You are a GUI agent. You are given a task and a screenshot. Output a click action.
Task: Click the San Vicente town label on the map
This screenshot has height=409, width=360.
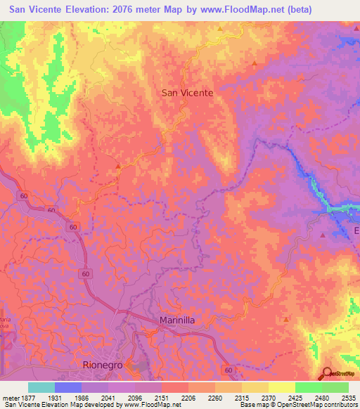pyautogui.click(x=187, y=92)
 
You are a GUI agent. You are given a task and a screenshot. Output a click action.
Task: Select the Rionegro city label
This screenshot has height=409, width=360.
pyautogui.click(x=103, y=365)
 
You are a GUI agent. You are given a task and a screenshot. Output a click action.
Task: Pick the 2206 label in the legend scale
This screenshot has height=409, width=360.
pyautogui.click(x=187, y=398)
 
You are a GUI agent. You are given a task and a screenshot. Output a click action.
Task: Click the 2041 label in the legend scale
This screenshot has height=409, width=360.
pyautogui.click(x=107, y=398)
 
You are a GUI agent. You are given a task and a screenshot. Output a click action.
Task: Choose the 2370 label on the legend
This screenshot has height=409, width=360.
pyautogui.click(x=267, y=398)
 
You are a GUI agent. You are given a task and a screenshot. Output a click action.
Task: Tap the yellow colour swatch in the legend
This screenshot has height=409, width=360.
pyautogui.click(x=281, y=387)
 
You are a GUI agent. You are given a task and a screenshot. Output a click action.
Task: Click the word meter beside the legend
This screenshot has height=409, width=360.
pyautogui.click(x=9, y=398)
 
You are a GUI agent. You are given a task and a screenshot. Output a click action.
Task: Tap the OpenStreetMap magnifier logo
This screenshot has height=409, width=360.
pyautogui.click(x=328, y=373)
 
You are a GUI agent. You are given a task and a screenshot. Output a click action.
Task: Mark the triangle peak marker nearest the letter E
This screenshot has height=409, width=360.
pyautogui.click(x=322, y=235)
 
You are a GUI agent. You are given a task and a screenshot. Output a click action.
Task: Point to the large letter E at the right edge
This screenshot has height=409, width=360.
pyautogui.click(x=356, y=231)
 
